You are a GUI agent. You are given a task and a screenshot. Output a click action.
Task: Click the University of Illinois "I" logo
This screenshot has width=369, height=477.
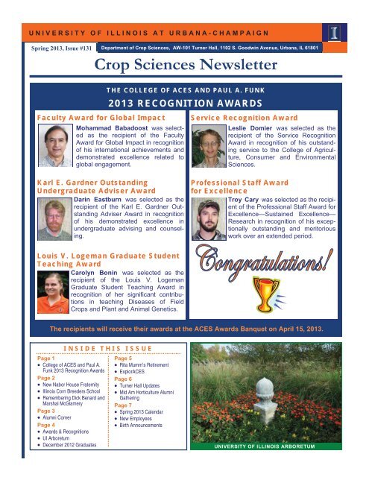(334, 34)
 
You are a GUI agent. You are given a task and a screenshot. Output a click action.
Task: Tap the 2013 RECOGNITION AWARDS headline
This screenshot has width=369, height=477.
(184, 103)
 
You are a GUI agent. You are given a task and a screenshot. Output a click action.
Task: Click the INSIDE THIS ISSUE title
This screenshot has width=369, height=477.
(96, 347)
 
